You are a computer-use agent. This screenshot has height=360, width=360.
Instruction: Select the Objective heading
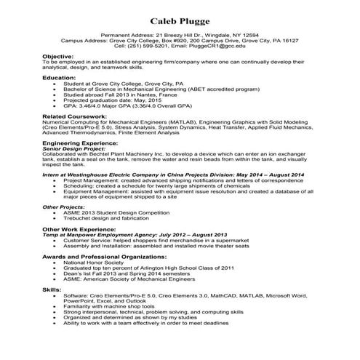click(x=57, y=56)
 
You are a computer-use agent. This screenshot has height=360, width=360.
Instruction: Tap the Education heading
click(x=58, y=77)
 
